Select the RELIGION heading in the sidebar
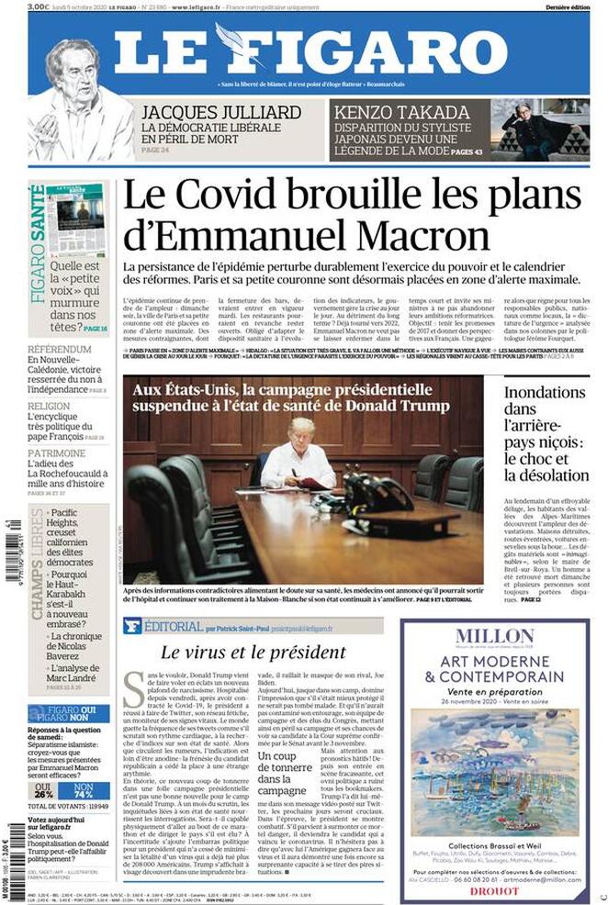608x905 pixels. [x=49, y=405]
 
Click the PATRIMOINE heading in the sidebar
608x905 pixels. [x=57, y=453]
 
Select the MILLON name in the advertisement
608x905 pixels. [x=494, y=635]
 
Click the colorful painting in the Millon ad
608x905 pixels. [x=494, y=766]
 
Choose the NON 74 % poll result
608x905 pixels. [x=84, y=791]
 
